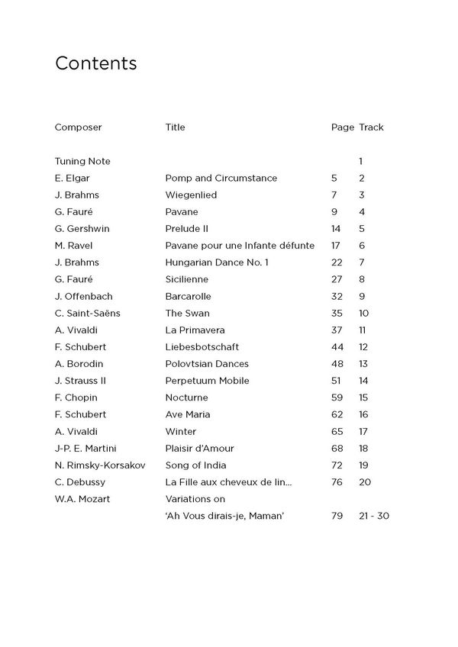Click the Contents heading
click(x=95, y=63)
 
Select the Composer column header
click(x=78, y=127)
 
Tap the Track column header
click(x=371, y=127)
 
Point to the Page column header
click(x=342, y=127)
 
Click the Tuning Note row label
click(x=82, y=162)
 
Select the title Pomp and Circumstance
click(x=221, y=179)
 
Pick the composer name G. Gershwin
click(x=83, y=229)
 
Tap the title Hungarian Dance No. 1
click(x=217, y=262)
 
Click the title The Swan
click(x=187, y=313)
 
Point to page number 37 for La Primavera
click(x=336, y=330)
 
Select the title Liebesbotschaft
click(x=202, y=347)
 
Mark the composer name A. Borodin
click(x=79, y=364)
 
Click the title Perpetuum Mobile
click(x=207, y=381)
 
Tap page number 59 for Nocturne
click(x=336, y=398)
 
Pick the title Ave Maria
click(x=188, y=414)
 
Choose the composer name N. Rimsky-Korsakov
click(x=100, y=465)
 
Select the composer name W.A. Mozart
click(x=82, y=499)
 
